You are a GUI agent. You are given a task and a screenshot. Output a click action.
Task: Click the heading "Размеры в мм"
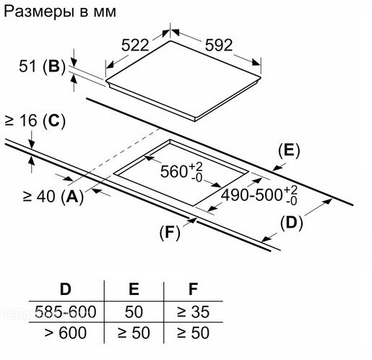coord(60,12)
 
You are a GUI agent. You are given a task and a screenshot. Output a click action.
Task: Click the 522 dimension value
coord(135,45)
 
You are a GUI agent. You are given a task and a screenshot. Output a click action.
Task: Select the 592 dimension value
coord(219,45)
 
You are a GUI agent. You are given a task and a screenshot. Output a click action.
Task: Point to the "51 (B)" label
coord(42,67)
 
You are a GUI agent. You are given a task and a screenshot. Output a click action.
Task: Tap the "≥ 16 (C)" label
coord(35,121)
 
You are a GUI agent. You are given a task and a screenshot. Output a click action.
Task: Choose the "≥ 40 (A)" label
coord(53,197)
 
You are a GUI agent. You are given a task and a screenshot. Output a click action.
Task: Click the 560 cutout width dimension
coord(181,172)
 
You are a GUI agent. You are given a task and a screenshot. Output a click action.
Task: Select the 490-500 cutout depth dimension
coord(259,195)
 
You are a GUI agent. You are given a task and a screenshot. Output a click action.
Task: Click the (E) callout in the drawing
coord(289,151)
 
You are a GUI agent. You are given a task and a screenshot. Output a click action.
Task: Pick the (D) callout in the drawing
coord(291,223)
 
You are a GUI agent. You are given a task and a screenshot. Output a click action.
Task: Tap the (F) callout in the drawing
coord(170,233)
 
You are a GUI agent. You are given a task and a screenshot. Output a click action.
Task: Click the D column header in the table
coord(66,289)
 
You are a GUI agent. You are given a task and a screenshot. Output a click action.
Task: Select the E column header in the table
coord(134,289)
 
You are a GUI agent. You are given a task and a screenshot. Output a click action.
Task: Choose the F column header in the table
coord(194,289)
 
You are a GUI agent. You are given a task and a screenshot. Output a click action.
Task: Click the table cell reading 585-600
coord(66,312)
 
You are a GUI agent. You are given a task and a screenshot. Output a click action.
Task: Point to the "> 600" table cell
coord(66,333)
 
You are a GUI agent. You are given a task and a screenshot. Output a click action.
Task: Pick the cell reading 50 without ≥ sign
coord(134,312)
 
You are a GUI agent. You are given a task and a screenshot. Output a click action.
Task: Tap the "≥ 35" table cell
coord(194,312)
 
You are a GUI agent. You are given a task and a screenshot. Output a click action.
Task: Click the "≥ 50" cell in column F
coord(194,333)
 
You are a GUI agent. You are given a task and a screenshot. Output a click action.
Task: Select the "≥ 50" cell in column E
coord(134,333)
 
